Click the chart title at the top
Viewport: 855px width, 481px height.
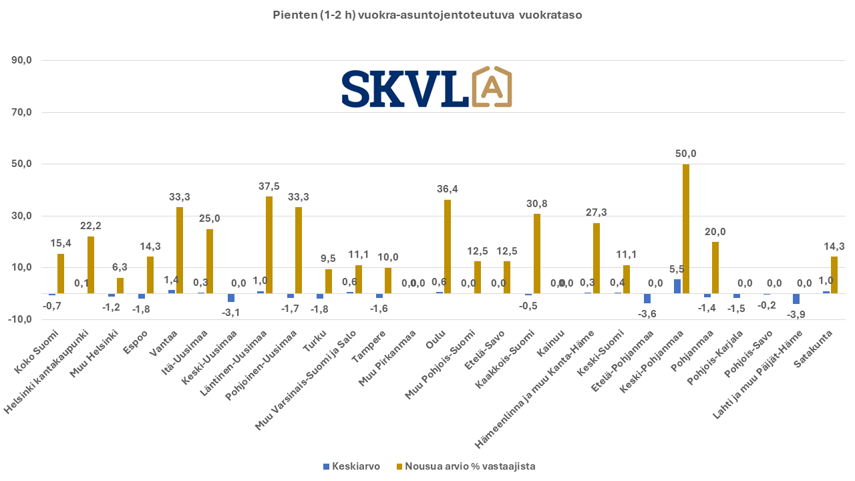click(x=427, y=15)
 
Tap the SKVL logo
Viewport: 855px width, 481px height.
click(x=426, y=88)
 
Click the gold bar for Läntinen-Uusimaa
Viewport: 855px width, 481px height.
click(x=269, y=245)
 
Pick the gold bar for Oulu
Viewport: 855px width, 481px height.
click(x=448, y=247)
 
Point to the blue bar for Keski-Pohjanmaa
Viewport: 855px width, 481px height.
click(x=677, y=287)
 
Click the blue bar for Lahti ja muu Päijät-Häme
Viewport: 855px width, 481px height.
click(x=796, y=299)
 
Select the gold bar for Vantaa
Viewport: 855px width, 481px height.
click(x=180, y=250)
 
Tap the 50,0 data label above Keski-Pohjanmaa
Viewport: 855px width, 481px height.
click(x=686, y=154)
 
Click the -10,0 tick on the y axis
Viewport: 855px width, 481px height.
click(x=21, y=319)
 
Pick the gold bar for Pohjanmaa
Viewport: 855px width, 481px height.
click(x=715, y=267)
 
